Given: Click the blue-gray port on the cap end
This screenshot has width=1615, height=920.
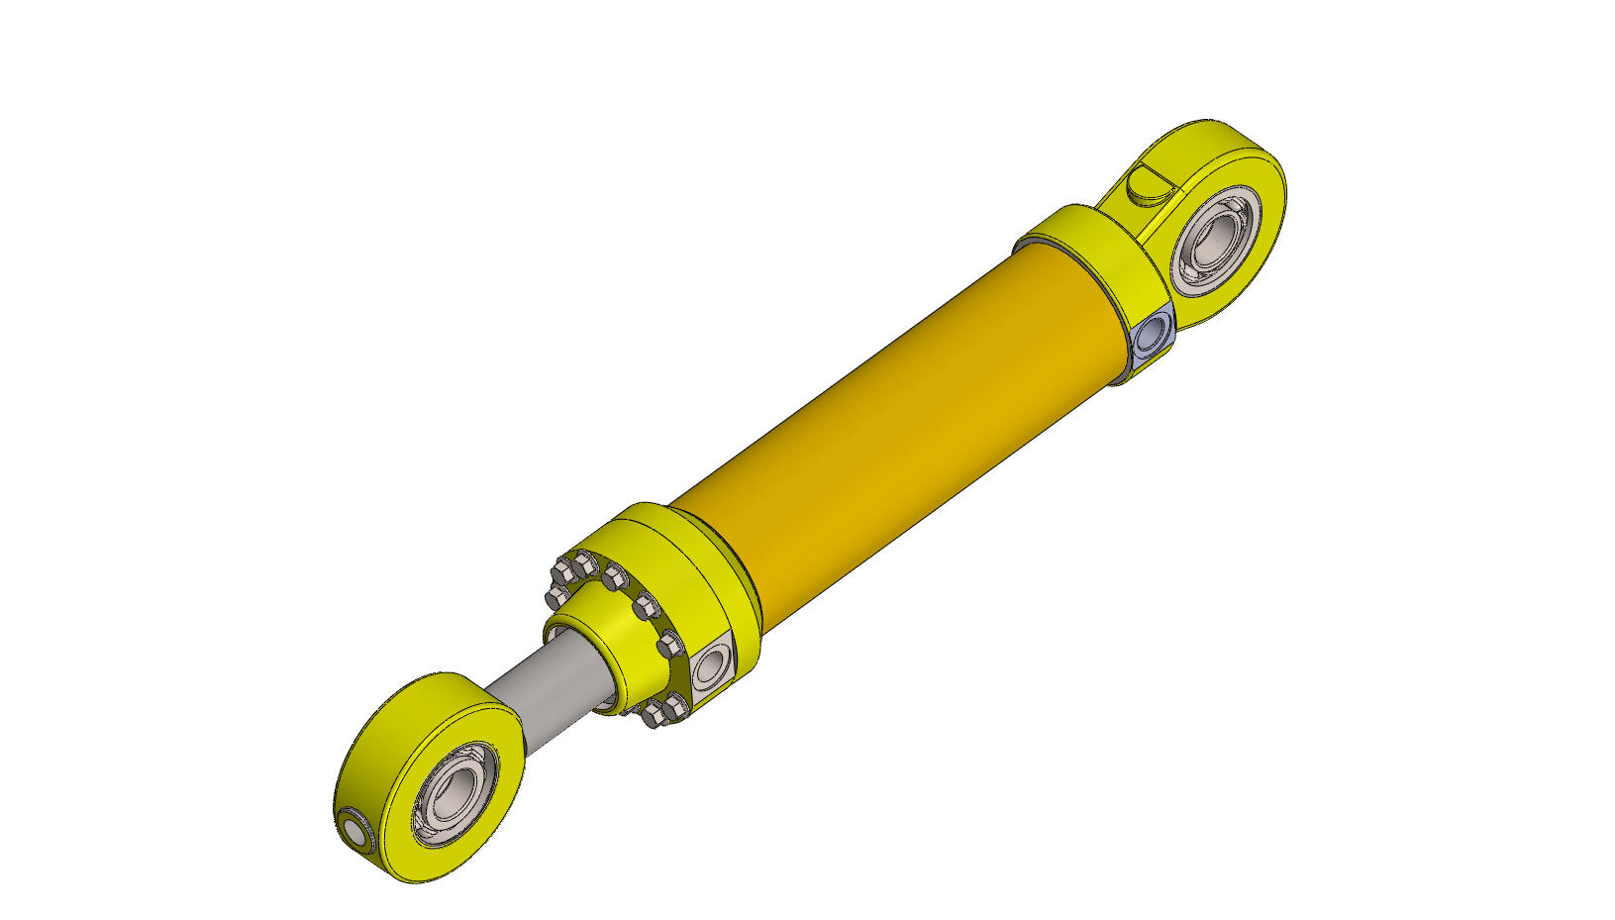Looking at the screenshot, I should [x=1152, y=336].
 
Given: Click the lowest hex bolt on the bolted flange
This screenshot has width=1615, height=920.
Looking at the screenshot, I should [x=654, y=716].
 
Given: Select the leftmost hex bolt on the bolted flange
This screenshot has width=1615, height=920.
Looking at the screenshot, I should [x=556, y=598].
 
